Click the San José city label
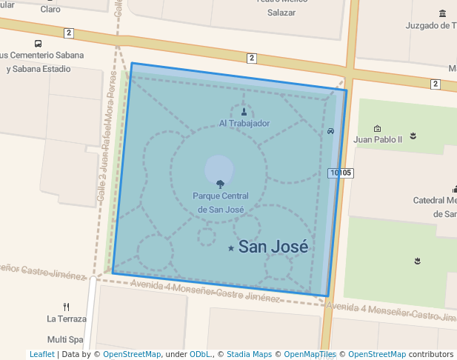coord(273,247)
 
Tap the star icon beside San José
coord(231,248)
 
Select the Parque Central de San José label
coord(220,202)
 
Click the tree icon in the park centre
coord(220,184)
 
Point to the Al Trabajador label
coord(244,123)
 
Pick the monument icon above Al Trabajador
coord(244,113)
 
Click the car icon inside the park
coord(330,131)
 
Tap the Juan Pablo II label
coord(378,139)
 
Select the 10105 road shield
coord(340,173)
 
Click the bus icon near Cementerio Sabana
coord(38,43)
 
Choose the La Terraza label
coord(67,319)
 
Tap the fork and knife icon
coord(67,307)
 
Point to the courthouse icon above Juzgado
coord(443,13)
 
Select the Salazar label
coord(281,13)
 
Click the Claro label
coord(50,9)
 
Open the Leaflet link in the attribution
coord(42,354)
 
